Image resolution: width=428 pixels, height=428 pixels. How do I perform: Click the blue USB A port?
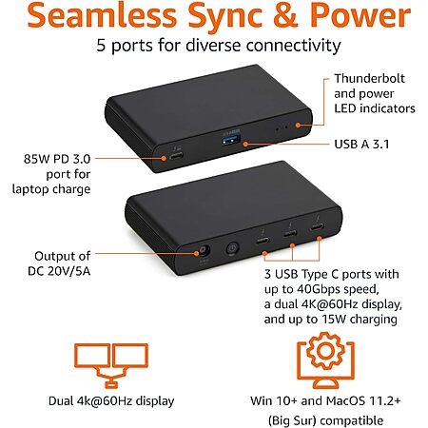pyautogui.click(x=231, y=140)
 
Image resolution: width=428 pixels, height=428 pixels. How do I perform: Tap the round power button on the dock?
pyautogui.click(x=232, y=248)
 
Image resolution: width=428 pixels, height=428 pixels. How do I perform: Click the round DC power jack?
pyautogui.click(x=204, y=251)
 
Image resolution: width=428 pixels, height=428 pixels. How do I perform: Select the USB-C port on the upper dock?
pyautogui.click(x=176, y=156)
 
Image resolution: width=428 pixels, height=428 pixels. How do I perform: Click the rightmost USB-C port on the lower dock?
pyautogui.click(x=317, y=227)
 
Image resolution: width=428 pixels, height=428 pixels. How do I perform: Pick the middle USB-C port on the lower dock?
pyautogui.click(x=290, y=234)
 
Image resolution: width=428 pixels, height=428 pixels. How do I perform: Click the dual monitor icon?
pyautogui.click(x=111, y=365)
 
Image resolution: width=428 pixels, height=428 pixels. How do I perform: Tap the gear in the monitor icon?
pyautogui.click(x=325, y=350)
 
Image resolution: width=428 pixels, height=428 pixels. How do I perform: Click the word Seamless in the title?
pyautogui.click(x=102, y=15)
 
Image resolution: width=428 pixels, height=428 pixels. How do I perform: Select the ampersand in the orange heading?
pyautogui.click(x=286, y=15)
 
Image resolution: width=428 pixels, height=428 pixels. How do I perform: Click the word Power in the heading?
pyautogui.click(x=360, y=15)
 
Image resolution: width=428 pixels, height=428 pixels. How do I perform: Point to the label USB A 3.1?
pyautogui.click(x=361, y=145)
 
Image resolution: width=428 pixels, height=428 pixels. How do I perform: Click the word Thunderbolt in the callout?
pyautogui.click(x=370, y=78)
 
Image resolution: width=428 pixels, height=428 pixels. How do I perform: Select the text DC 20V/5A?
pyautogui.click(x=59, y=271)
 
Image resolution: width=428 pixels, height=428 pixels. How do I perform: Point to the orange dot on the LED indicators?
pyautogui.click(x=298, y=126)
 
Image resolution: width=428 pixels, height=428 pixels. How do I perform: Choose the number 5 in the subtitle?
pyautogui.click(x=101, y=46)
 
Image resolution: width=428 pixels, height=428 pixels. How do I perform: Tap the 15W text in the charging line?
pyautogui.click(x=334, y=319)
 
